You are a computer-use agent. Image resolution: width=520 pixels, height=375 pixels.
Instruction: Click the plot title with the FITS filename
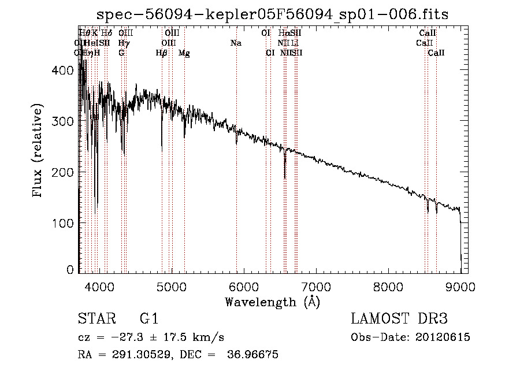tap(273, 14)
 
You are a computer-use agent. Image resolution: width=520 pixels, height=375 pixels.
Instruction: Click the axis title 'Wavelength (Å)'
tap(272, 302)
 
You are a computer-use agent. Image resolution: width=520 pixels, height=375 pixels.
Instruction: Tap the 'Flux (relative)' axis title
tap(38, 151)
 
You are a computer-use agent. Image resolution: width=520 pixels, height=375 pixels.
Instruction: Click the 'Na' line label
tap(236, 43)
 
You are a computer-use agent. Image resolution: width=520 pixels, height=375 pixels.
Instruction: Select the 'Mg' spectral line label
tap(184, 53)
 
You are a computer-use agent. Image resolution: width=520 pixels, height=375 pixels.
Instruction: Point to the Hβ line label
tap(162, 53)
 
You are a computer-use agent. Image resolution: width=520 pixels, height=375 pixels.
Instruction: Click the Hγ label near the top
tap(123, 43)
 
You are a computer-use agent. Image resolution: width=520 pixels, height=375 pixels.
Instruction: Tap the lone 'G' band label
tap(121, 53)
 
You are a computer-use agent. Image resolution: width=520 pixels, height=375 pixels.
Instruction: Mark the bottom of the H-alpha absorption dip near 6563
tap(284, 177)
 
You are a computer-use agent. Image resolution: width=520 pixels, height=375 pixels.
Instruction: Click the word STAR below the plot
tap(96, 320)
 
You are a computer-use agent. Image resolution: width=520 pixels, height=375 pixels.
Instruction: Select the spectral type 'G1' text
tap(149, 320)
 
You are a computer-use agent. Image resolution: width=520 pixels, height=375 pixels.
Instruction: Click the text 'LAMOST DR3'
tap(399, 320)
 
